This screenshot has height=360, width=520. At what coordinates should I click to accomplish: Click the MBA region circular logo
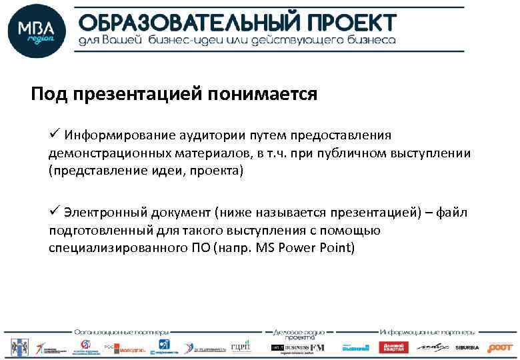[x=37, y=31]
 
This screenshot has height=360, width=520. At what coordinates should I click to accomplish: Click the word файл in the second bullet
[x=454, y=213]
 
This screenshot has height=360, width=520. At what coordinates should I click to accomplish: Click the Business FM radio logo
[x=297, y=347]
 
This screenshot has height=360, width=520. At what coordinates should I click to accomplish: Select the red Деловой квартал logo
[x=393, y=347]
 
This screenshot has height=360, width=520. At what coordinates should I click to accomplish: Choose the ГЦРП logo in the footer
[x=240, y=347]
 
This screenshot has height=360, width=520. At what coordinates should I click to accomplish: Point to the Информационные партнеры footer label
[x=427, y=331]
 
